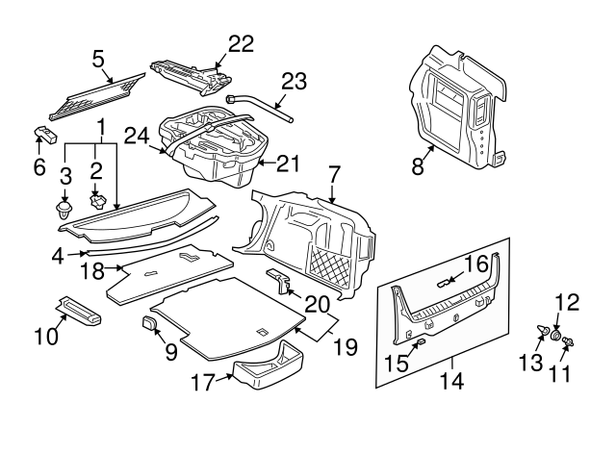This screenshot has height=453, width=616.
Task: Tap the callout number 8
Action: pos(418,166)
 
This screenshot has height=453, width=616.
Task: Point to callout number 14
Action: pos(450,382)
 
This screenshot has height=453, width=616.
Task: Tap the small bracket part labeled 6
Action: pos(44,134)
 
